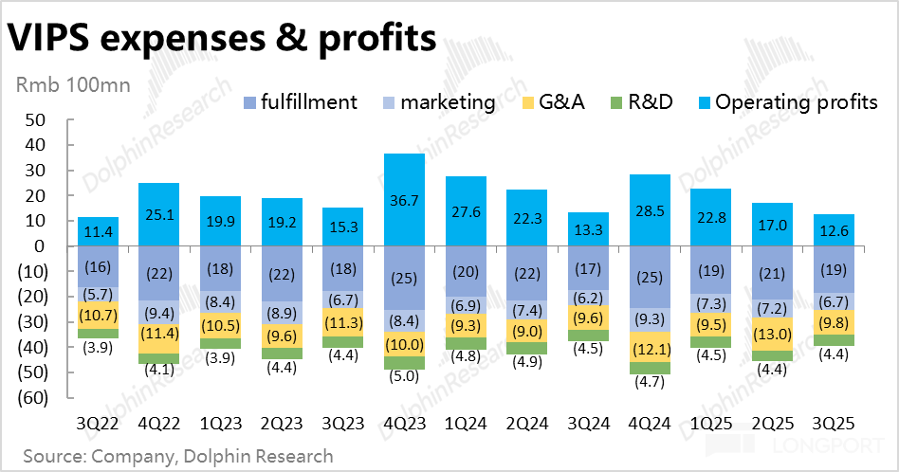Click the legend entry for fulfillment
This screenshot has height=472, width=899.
coord(300,101)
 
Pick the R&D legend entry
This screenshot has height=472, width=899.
coord(639,101)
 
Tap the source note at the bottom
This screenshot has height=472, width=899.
coord(177,456)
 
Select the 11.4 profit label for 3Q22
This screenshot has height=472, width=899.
coord(98,231)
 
